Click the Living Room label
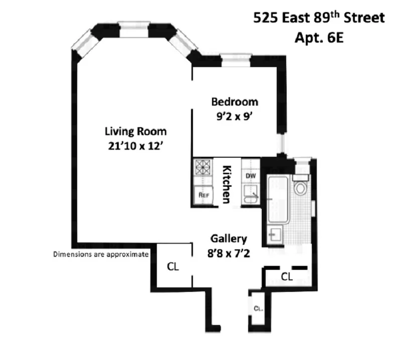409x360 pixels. pyautogui.click(x=135, y=132)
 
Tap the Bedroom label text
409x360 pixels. pyautogui.click(x=235, y=102)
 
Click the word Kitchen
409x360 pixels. pyautogui.click(x=227, y=184)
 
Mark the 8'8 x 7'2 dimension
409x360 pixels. pyautogui.click(x=229, y=253)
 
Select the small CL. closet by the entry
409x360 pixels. pyautogui.click(x=258, y=309)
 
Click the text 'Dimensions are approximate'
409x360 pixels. pyautogui.click(x=101, y=254)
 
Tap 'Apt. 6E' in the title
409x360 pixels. pyautogui.click(x=319, y=38)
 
